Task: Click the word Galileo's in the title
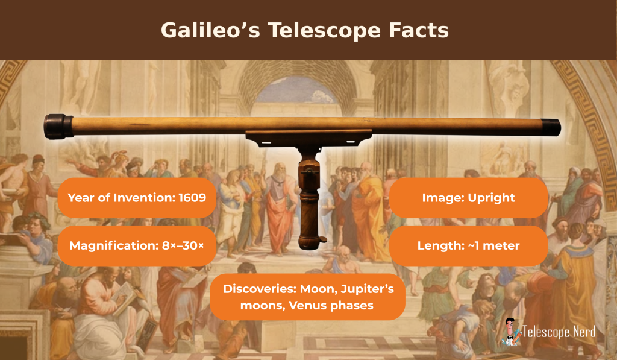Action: click(x=210, y=30)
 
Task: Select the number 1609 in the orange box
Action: click(x=192, y=197)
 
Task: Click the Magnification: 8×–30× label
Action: click(x=137, y=246)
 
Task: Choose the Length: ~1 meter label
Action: click(x=468, y=246)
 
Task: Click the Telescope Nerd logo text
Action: click(x=559, y=332)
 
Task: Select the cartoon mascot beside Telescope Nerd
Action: click(x=511, y=332)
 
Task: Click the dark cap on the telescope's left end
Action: click(x=58, y=127)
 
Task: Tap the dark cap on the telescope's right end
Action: click(x=551, y=127)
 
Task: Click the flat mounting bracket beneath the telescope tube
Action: click(x=309, y=138)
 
